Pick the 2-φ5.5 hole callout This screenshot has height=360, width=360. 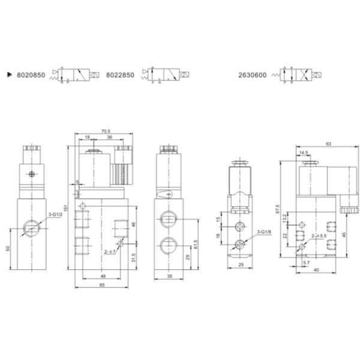coord(317,237)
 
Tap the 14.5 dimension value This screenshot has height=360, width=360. coord(304,153)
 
